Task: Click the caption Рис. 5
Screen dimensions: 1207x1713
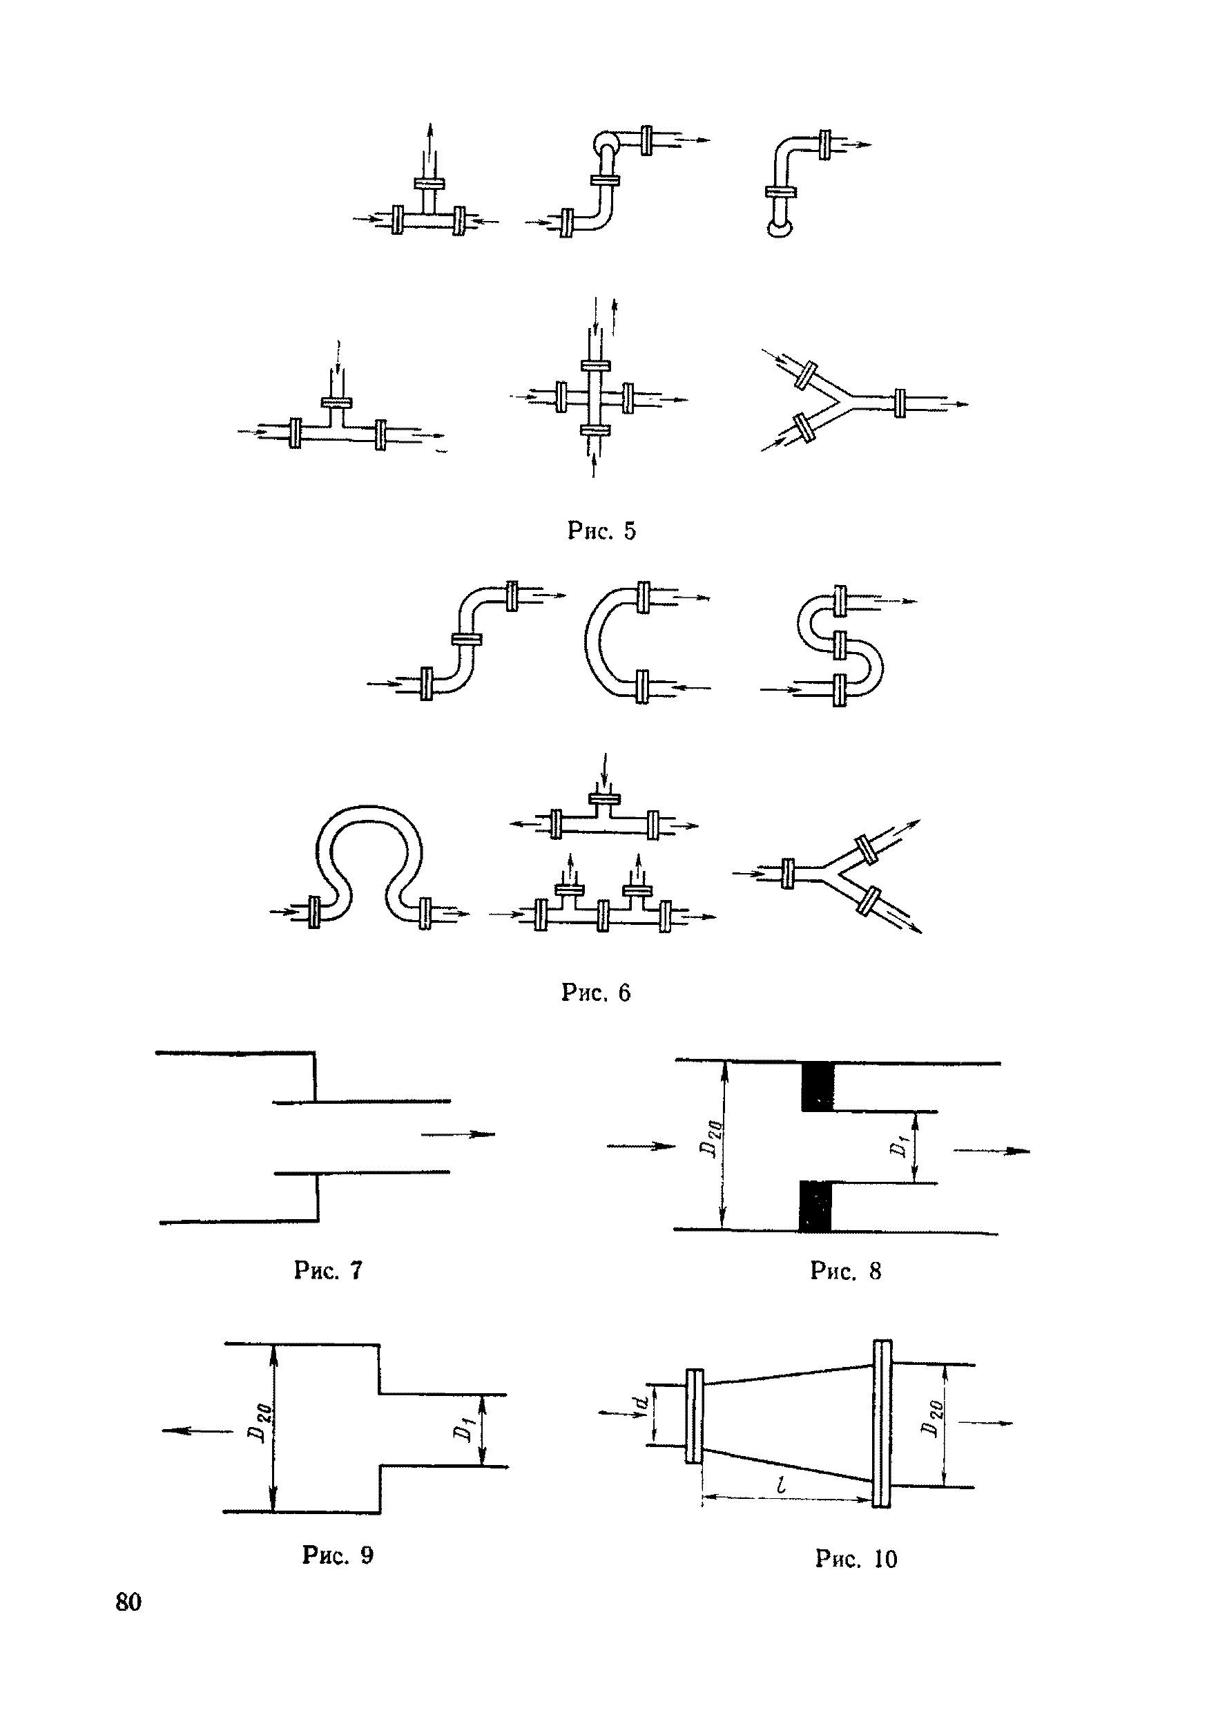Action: pyautogui.click(x=601, y=530)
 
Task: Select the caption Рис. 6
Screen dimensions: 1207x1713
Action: pyautogui.click(x=595, y=993)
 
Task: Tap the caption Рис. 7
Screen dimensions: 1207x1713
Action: pyautogui.click(x=328, y=1270)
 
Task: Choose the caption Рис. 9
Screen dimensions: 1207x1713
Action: pyautogui.click(x=337, y=1555)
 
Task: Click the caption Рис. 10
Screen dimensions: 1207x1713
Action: pyautogui.click(x=856, y=1558)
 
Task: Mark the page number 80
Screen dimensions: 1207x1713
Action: pyautogui.click(x=128, y=1602)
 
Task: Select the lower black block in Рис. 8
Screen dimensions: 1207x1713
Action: pyautogui.click(x=815, y=1206)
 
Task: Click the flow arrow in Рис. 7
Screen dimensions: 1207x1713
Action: pyautogui.click(x=458, y=1135)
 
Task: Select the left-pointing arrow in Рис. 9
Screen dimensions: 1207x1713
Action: pyautogui.click(x=197, y=1431)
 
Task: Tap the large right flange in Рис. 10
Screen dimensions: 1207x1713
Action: pyautogui.click(x=881, y=1424)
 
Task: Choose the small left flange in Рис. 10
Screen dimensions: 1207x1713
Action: pyautogui.click(x=694, y=1416)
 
